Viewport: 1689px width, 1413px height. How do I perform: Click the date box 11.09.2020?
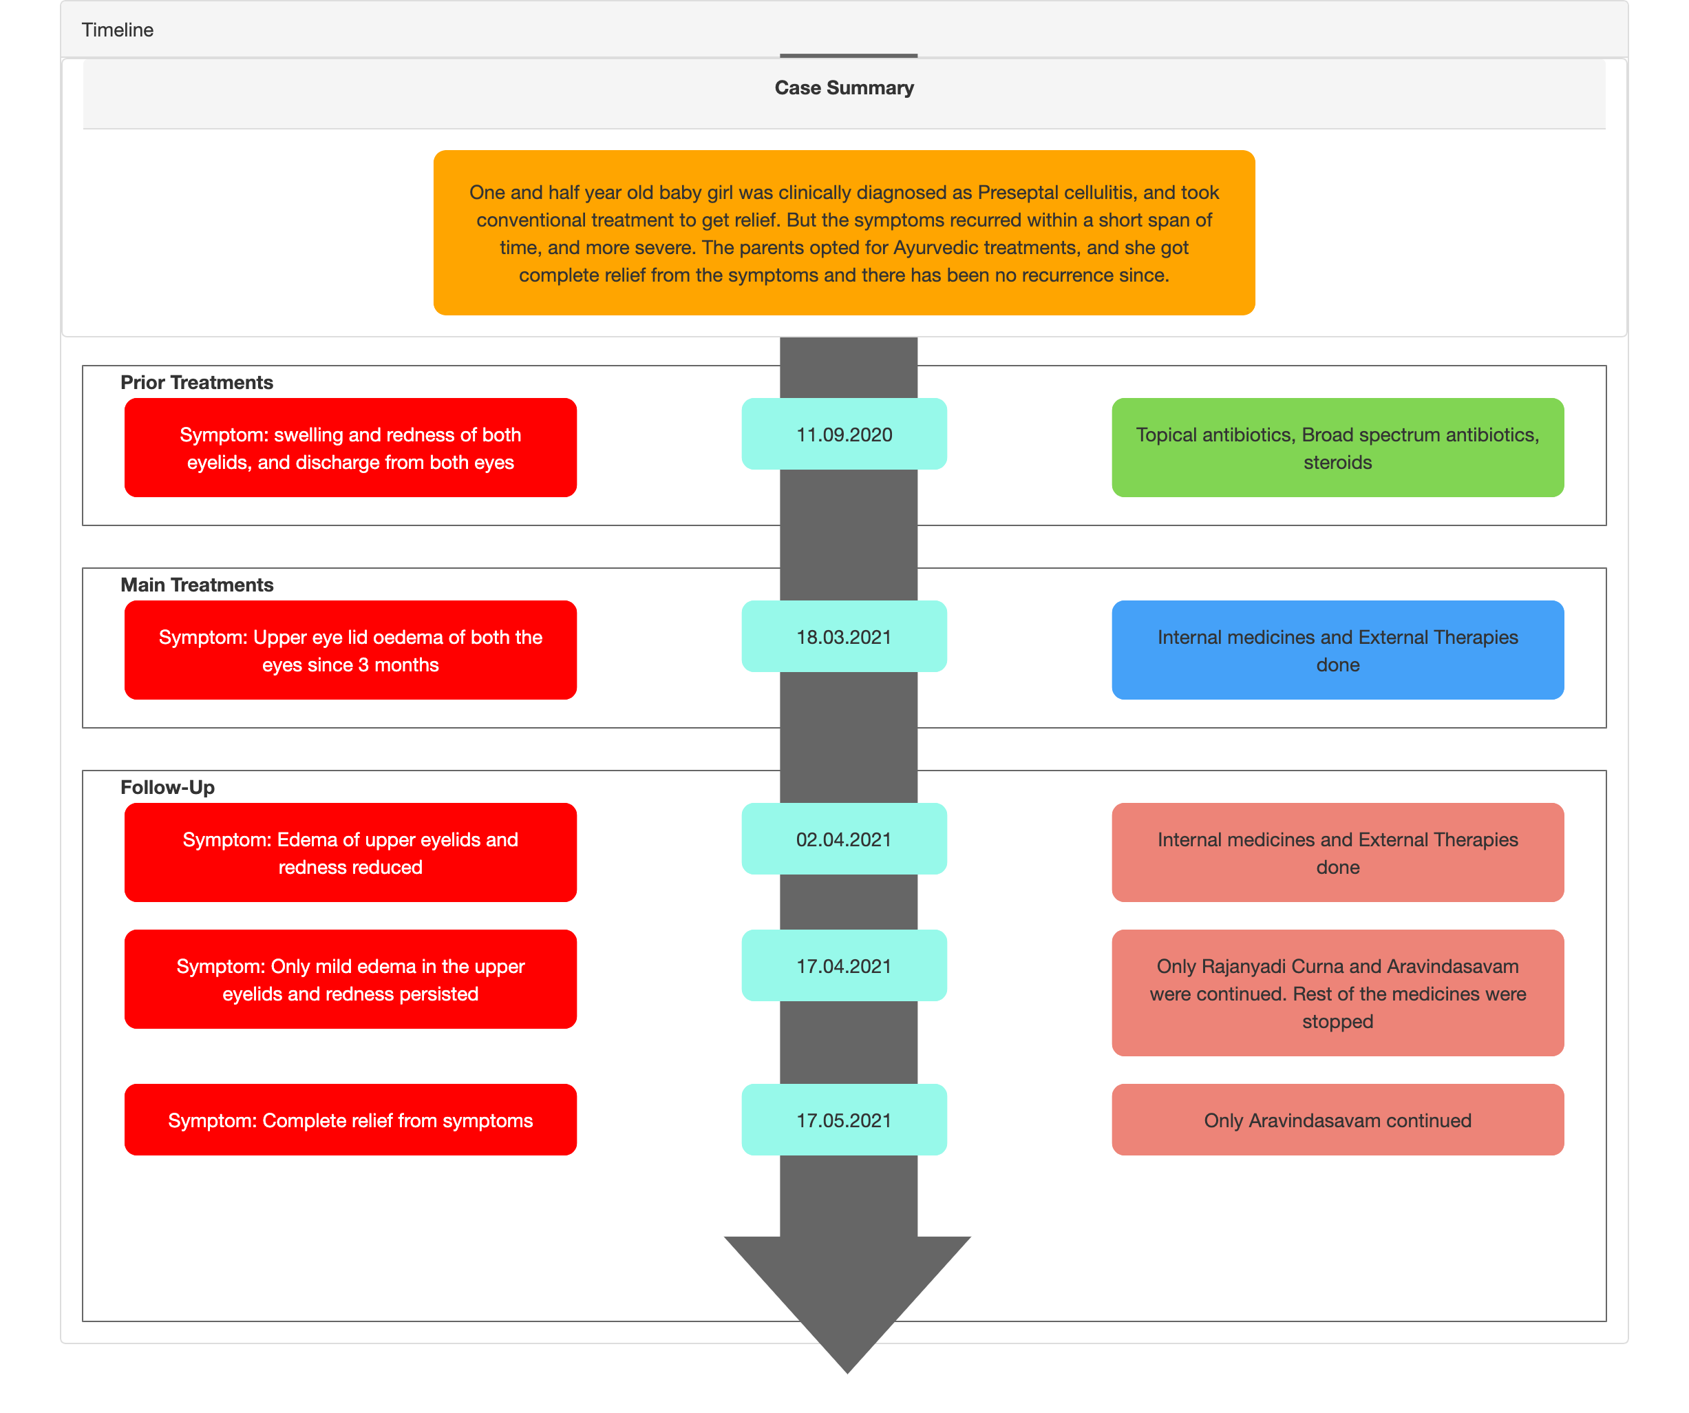pyautogui.click(x=844, y=434)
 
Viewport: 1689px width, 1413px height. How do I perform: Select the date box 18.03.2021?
pyautogui.click(x=844, y=636)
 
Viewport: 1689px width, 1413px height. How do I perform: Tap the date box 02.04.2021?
pyautogui.click(x=844, y=839)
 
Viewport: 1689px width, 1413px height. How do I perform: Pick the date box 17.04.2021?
pyautogui.click(x=844, y=965)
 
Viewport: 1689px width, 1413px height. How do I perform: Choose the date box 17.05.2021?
pyautogui.click(x=844, y=1120)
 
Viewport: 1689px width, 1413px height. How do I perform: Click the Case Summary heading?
pyautogui.click(x=844, y=87)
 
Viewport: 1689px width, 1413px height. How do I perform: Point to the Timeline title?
pyautogui.click(x=118, y=30)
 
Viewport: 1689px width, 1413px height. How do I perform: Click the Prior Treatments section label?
pyautogui.click(x=197, y=382)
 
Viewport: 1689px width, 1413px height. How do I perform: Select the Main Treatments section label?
pyautogui.click(x=197, y=585)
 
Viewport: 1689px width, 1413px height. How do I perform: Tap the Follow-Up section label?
pyautogui.click(x=167, y=787)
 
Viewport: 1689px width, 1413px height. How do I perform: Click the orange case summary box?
pyautogui.click(x=844, y=233)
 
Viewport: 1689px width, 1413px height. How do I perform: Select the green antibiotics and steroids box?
pyautogui.click(x=1337, y=448)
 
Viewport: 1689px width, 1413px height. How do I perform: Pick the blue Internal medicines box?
pyautogui.click(x=1337, y=650)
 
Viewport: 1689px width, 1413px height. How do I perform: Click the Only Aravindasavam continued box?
pyautogui.click(x=1337, y=1120)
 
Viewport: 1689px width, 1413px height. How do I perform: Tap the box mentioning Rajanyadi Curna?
pyautogui.click(x=1337, y=993)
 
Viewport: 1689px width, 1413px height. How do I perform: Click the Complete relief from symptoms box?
pyautogui.click(x=350, y=1120)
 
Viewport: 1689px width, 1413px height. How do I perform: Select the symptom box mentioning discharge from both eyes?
pyautogui.click(x=350, y=448)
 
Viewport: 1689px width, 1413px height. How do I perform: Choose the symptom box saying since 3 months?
pyautogui.click(x=350, y=650)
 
